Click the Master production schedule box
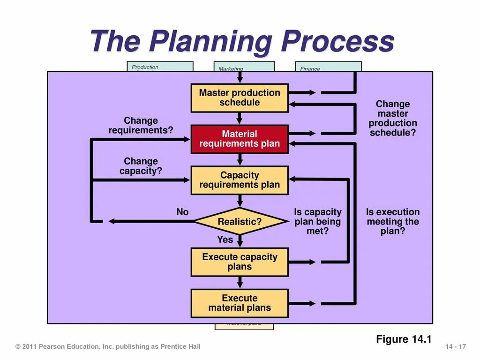coord(240,97)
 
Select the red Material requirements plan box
coord(240,139)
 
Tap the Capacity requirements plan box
coord(240,180)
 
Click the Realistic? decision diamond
coord(240,221)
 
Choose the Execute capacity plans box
coord(240,262)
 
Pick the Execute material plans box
coord(240,303)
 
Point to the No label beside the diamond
coord(182,212)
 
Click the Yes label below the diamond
coord(225,240)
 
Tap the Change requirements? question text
coord(141,126)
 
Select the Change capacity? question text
coord(141,166)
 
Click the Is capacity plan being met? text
coord(318,221)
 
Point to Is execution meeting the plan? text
coord(393,221)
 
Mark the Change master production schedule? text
coord(393,118)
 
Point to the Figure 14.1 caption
coord(404,339)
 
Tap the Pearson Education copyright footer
coord(108,346)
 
